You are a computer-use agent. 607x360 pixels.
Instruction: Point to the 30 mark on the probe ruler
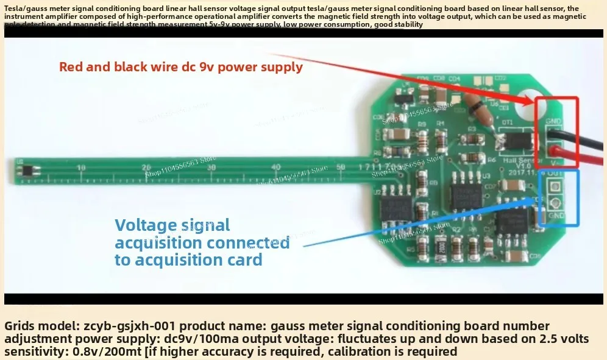pos(211,168)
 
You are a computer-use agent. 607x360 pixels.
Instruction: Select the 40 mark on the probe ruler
pos(277,168)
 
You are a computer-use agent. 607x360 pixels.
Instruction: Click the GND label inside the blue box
pos(555,216)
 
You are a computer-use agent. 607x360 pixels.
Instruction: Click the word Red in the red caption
pos(71,67)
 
